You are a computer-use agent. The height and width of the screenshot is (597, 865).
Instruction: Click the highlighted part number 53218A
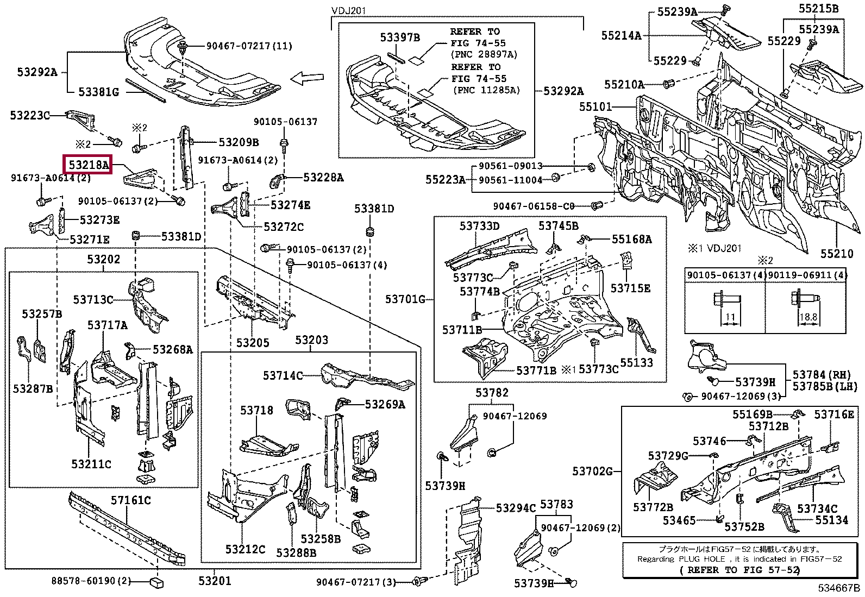pos(88,164)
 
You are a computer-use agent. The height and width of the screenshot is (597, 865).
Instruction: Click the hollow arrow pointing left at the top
pos(307,79)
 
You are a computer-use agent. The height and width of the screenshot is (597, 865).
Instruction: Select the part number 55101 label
pos(596,106)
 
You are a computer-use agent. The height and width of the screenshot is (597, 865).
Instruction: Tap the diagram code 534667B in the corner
pos(839,588)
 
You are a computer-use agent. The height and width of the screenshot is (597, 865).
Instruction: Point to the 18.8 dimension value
pos(808,317)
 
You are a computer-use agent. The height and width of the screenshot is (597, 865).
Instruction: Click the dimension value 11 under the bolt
pos(730,317)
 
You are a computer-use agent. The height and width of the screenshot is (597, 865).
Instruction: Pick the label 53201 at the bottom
pos(215,581)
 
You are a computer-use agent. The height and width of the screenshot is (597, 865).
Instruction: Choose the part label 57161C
pos(131,500)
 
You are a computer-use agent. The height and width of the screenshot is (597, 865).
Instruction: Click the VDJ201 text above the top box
pos(349,11)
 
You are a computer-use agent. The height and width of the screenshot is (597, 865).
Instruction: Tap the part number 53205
pos(253,343)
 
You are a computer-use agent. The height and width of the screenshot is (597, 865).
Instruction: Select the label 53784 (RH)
pos(821,375)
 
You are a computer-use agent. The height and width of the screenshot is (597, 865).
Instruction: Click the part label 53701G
pos(405,299)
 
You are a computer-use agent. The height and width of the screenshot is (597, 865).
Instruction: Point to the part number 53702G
pos(592,471)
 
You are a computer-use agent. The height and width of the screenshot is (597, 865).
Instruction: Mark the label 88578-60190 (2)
pos(91,581)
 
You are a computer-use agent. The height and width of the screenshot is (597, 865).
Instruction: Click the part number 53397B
pos(400,37)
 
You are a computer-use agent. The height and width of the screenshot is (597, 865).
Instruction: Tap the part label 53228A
pos(323,177)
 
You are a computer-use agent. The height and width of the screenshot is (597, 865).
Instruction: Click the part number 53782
pos(492,393)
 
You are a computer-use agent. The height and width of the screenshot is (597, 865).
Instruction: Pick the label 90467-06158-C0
pos(534,206)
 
